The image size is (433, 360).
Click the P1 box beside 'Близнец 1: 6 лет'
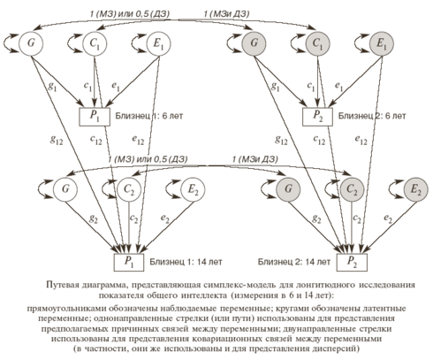95,117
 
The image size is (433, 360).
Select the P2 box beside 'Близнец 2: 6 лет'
317,117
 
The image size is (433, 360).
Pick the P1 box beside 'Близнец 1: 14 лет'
129,262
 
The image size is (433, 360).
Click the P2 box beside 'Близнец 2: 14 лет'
352,262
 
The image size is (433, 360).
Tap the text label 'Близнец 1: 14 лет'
186,262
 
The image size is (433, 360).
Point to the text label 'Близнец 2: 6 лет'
372,116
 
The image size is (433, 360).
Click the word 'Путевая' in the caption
61,285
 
